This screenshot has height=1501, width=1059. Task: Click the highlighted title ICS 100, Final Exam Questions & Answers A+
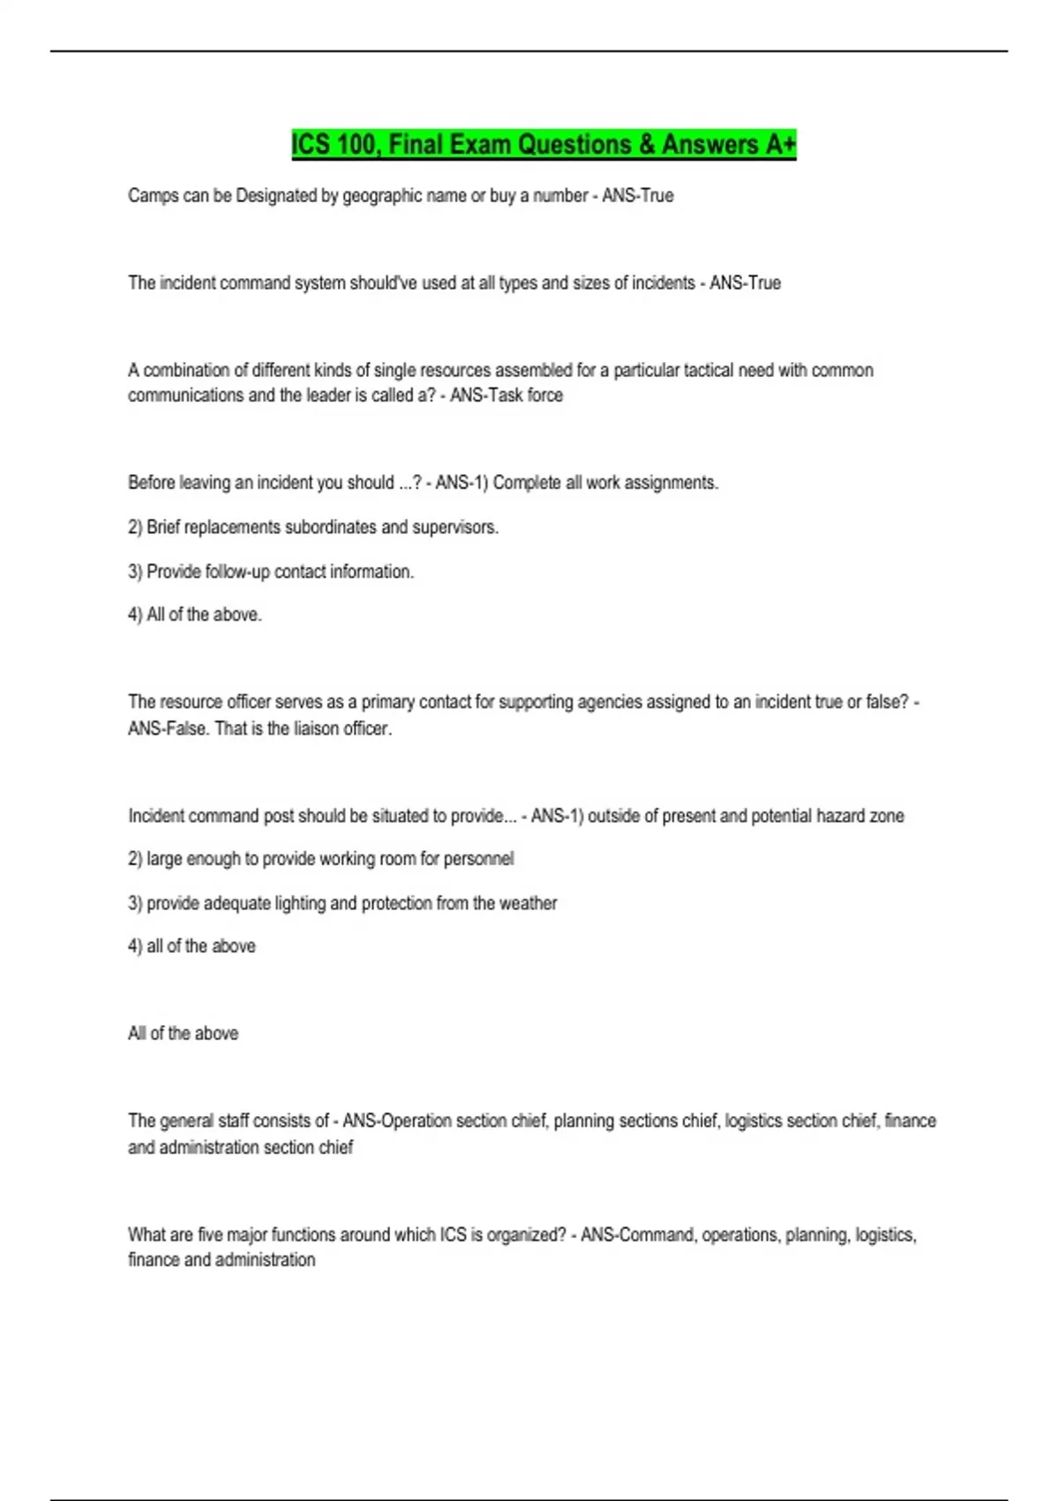coord(544,144)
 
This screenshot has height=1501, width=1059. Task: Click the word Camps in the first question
coord(153,196)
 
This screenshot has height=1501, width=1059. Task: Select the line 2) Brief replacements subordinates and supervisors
coord(313,527)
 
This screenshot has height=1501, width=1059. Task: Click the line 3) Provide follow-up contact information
coord(271,572)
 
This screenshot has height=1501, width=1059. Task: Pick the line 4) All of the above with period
coord(195,615)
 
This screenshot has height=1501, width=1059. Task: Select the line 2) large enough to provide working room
coord(320,859)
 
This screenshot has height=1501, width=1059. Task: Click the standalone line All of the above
coord(183,1033)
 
